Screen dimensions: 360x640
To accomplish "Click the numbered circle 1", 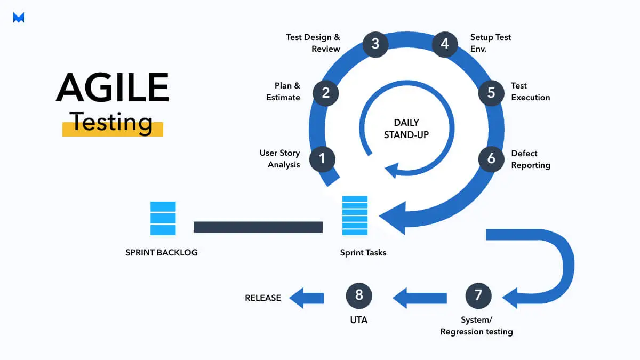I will [322, 158].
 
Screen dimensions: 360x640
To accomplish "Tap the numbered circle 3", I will [375, 43].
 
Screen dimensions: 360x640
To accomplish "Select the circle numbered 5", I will [491, 92].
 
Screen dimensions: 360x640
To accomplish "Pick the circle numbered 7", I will [478, 295].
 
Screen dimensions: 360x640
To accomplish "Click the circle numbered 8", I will [359, 295].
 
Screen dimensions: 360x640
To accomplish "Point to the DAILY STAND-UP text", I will [406, 129].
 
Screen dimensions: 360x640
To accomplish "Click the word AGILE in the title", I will [112, 87].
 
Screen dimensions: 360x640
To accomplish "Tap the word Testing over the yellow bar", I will [112, 122].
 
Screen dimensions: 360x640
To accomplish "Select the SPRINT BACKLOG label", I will [162, 252].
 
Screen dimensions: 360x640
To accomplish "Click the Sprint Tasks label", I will [363, 252].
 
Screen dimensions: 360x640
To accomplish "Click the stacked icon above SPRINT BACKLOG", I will [163, 218].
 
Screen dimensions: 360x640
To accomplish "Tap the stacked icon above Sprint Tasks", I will [355, 215].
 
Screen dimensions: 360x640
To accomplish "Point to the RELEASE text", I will [263, 298].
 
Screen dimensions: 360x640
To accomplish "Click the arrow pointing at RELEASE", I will [307, 298].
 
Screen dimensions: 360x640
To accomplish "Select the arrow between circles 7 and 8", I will [420, 298].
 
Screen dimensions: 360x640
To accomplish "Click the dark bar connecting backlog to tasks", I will [258, 227].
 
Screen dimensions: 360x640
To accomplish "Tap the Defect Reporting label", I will [530, 159].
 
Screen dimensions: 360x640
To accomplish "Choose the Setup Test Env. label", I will [490, 43].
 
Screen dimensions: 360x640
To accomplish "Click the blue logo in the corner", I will [19, 18].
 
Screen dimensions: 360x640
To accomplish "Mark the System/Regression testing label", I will [476, 326].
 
